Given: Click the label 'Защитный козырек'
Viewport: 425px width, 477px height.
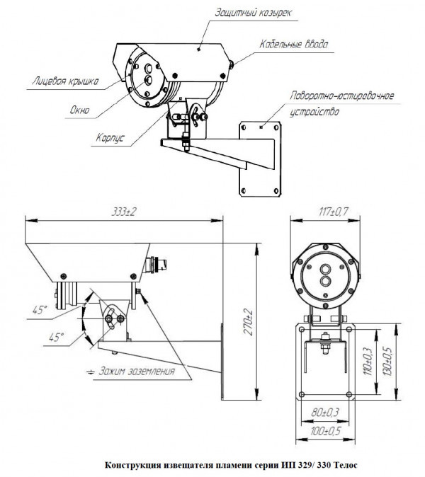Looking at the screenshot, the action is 253,13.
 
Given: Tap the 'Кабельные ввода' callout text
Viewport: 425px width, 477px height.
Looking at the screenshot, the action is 293,45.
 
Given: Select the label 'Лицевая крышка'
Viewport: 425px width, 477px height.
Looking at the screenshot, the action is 65,81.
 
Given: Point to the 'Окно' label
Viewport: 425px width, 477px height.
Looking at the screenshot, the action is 80,110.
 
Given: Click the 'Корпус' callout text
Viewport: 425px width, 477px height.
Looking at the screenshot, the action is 110,138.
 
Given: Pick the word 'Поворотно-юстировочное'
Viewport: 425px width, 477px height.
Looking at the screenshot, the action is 341,96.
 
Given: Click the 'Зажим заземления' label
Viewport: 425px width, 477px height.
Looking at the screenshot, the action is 137,371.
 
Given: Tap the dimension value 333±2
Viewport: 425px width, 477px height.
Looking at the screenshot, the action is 123,212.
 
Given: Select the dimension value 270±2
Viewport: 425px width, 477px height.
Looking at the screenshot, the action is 249,322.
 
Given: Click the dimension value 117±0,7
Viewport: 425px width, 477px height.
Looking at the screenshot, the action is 334,212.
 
